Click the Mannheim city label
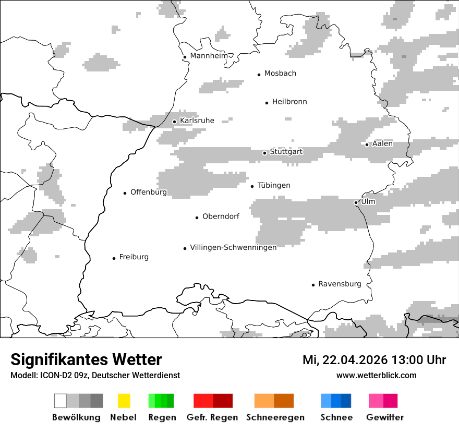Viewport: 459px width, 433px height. click(x=209, y=56)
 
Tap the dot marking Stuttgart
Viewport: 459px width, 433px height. click(x=264, y=153)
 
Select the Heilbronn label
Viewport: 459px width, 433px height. click(x=289, y=102)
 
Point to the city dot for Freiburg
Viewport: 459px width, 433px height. click(x=114, y=258)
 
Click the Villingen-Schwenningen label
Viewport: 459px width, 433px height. click(x=233, y=247)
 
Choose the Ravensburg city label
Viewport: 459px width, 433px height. click(x=340, y=284)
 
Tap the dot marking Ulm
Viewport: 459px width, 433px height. click(x=356, y=202)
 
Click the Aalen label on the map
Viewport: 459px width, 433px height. click(x=382, y=143)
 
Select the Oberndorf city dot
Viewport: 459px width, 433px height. click(x=197, y=218)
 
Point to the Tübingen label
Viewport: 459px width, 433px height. click(x=274, y=185)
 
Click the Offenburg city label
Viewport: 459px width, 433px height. click(x=149, y=192)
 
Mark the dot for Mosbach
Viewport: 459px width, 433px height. click(x=259, y=75)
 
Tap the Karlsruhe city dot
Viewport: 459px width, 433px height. click(x=174, y=122)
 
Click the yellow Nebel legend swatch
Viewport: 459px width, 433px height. click(x=124, y=401)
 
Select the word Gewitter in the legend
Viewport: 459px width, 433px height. click(x=385, y=417)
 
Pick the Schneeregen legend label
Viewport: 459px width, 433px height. click(x=275, y=417)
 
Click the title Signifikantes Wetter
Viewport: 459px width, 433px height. click(x=86, y=359)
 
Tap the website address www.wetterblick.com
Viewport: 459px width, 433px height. click(x=376, y=375)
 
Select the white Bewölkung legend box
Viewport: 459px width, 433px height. click(x=61, y=401)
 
